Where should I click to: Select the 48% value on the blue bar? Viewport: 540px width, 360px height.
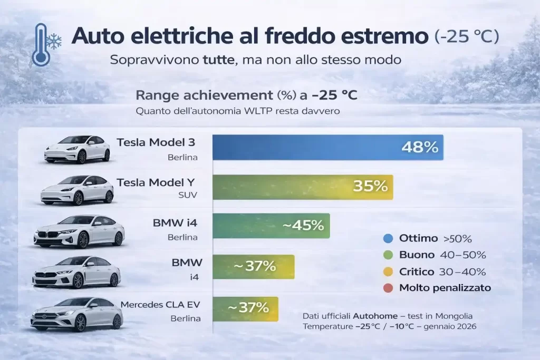click(420, 147)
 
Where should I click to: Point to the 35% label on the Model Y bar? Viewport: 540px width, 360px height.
click(370, 186)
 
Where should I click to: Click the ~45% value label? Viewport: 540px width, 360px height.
click(303, 226)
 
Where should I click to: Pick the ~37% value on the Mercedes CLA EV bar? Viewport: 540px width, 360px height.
click(248, 307)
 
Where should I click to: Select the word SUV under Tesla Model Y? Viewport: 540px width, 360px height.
click(188, 196)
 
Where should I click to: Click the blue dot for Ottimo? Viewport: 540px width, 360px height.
click(389, 238)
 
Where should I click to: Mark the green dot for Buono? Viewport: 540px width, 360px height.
click(389, 255)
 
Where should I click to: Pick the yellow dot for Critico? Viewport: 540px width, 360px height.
click(389, 271)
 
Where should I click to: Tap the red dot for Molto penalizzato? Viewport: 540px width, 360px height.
click(389, 288)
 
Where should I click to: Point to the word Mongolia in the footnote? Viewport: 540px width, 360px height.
click(455, 316)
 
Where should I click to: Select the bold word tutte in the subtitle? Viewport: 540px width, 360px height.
click(218, 60)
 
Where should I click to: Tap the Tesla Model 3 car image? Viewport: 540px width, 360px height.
click(77, 149)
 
